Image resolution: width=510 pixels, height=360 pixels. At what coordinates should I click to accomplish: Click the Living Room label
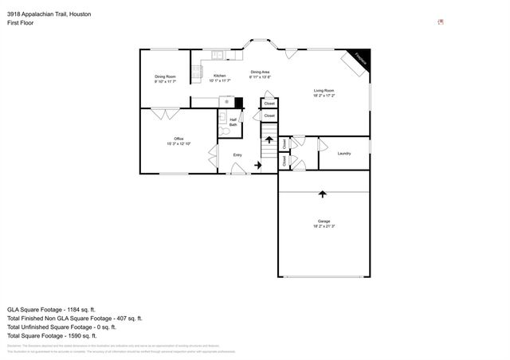pyautogui.click(x=324, y=92)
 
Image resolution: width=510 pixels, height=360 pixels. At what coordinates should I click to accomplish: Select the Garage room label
pyautogui.click(x=324, y=221)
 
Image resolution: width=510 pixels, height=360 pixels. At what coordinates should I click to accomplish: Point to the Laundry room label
pyautogui.click(x=344, y=153)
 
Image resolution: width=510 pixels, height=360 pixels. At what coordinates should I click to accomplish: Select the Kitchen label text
pyautogui.click(x=219, y=76)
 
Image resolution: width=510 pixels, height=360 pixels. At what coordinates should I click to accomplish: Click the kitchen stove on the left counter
pyautogui.click(x=195, y=72)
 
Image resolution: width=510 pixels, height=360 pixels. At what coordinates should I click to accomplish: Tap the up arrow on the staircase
pyautogui.click(x=269, y=139)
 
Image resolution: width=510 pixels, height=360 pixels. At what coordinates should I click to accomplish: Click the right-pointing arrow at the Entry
pyautogui.click(x=257, y=166)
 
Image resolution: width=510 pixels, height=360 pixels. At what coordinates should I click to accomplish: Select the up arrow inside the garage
pyautogui.click(x=323, y=193)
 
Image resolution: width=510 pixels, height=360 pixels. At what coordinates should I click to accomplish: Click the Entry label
pyautogui.click(x=237, y=155)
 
